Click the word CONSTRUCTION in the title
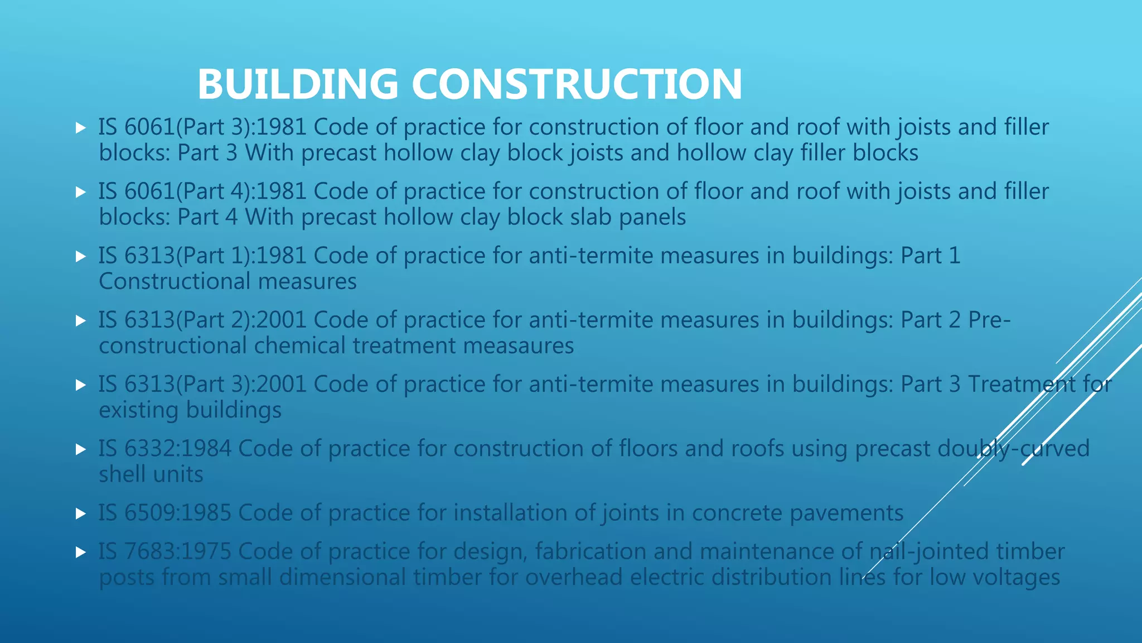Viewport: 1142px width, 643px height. [577, 84]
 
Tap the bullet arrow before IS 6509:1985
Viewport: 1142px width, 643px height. [81, 514]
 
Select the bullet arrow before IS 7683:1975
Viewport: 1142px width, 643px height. [81, 552]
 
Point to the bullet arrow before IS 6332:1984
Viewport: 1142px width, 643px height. [81, 449]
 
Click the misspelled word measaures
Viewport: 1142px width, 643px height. [518, 346]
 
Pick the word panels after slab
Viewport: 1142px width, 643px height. [652, 218]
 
